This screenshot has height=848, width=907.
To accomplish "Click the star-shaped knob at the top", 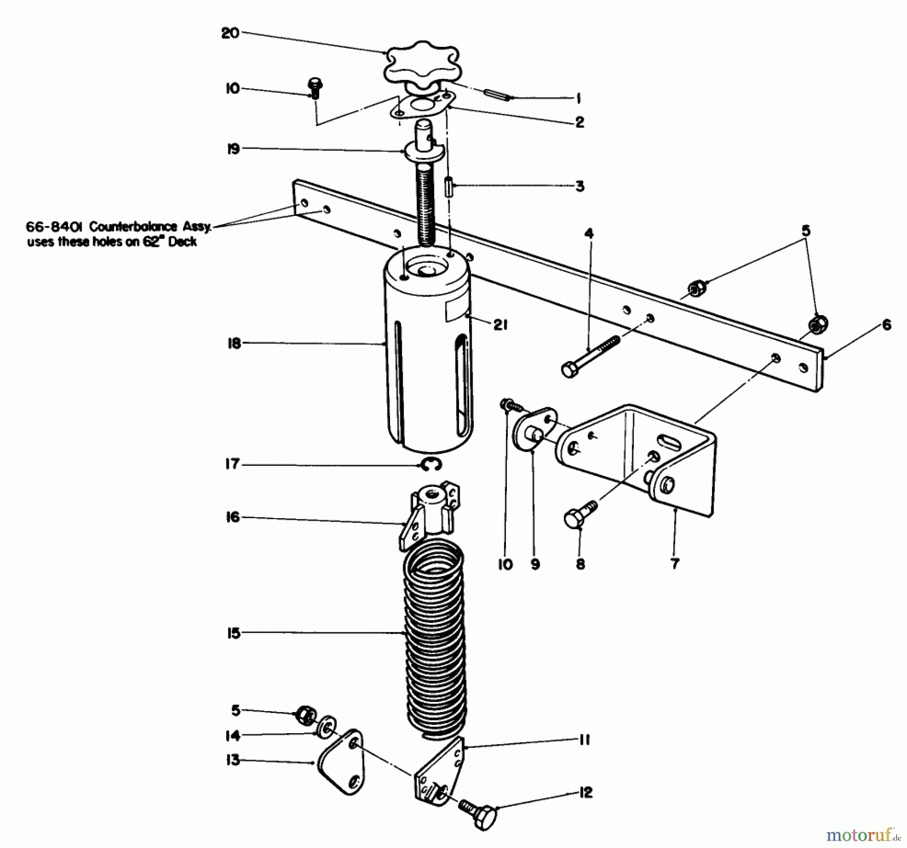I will pyautogui.click(x=422, y=70).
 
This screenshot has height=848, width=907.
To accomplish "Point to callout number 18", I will pyautogui.click(x=234, y=344).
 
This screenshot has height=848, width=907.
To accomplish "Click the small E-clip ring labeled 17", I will pyautogui.click(x=431, y=465).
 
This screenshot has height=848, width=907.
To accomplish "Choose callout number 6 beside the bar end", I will pyautogui.click(x=886, y=325).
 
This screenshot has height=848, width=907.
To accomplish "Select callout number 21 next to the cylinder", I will pyautogui.click(x=500, y=326).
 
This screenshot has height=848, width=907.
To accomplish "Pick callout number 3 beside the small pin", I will pyautogui.click(x=579, y=186).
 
